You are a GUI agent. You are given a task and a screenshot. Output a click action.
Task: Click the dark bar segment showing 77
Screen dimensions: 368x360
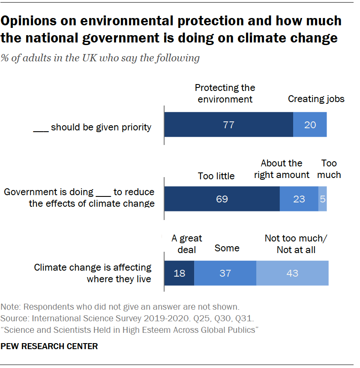click(x=228, y=125)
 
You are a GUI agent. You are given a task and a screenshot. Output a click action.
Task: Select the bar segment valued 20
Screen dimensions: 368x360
click(x=310, y=125)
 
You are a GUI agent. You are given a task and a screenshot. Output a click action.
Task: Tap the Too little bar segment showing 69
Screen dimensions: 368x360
click(x=222, y=199)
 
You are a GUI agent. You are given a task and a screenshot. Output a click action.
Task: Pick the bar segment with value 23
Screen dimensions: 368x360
click(x=299, y=199)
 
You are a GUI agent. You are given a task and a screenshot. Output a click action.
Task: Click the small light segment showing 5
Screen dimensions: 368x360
click(x=323, y=199)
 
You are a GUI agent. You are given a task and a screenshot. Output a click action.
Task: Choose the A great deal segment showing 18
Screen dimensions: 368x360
click(x=179, y=273)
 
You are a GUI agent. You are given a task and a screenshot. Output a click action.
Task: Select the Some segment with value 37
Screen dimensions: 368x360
click(x=225, y=273)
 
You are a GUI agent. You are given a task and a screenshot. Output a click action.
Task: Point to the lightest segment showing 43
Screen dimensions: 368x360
click(x=292, y=273)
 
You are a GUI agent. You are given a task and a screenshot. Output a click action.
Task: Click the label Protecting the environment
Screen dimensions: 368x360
click(x=225, y=94)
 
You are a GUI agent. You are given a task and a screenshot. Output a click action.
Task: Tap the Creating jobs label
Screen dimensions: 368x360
click(x=316, y=99)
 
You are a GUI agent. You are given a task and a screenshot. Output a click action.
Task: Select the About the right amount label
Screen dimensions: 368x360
click(x=282, y=169)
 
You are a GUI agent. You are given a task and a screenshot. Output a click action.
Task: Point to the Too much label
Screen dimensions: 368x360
click(x=329, y=169)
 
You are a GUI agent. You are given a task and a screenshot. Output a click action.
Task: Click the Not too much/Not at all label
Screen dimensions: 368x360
click(x=296, y=244)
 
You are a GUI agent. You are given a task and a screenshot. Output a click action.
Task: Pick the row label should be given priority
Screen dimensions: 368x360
click(x=92, y=127)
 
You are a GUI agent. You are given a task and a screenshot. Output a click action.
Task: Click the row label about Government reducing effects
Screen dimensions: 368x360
click(x=79, y=198)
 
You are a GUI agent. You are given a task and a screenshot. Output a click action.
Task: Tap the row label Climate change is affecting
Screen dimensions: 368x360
click(x=93, y=273)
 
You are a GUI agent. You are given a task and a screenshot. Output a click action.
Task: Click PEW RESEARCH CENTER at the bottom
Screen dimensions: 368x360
click(x=49, y=346)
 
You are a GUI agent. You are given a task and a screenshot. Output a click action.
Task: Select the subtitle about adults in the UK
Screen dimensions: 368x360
click(x=100, y=58)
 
